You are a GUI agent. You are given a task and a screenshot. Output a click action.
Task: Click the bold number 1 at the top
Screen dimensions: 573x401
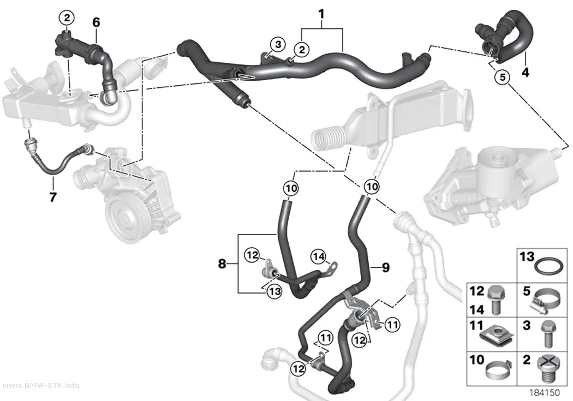click(321, 15)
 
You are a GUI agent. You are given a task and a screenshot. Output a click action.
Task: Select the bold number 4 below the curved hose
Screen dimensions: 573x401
click(525, 73)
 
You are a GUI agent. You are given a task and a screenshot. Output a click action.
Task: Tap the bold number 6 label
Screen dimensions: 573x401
click(96, 22)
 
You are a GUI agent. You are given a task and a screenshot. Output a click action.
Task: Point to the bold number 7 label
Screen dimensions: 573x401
click(53, 197)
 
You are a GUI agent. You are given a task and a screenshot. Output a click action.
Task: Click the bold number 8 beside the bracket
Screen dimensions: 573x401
click(222, 264)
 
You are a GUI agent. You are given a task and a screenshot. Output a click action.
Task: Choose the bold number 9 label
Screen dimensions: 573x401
click(385, 268)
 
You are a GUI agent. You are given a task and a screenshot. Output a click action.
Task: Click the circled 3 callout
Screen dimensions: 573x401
click(278, 45)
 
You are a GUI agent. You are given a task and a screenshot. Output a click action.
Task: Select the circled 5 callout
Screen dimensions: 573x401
click(503, 77)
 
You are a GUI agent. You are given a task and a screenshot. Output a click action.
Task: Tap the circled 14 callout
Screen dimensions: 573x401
click(318, 257)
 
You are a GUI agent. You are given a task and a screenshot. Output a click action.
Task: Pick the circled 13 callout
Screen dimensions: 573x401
click(274, 291)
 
